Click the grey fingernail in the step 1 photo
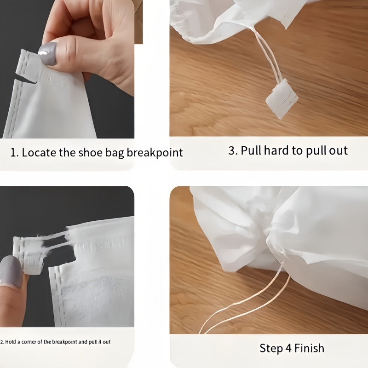point(48,53)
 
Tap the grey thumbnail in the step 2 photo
point(11,272)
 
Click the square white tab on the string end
point(282,98)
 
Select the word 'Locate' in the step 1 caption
point(38,153)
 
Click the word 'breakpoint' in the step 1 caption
point(155,153)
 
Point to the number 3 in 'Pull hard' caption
point(232,150)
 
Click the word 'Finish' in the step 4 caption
point(309,348)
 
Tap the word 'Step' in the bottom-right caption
point(271,349)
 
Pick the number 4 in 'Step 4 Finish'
point(289,348)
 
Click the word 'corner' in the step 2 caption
point(29,342)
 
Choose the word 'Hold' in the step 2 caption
point(10,342)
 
